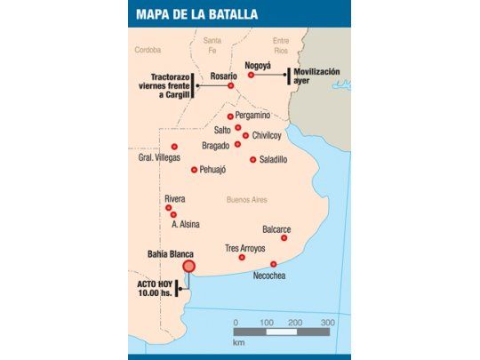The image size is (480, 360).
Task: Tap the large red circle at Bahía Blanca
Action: point(188,265)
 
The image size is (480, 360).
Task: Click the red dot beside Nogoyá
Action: point(252,76)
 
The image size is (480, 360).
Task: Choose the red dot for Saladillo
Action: point(253,160)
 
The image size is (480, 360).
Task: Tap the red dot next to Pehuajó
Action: point(194,169)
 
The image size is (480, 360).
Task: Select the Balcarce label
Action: point(276,228)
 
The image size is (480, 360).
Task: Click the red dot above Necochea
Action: point(273,264)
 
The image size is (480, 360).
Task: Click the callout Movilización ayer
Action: point(324,74)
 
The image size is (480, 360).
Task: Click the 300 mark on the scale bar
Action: point(327,321)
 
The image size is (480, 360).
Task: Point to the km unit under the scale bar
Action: point(238,341)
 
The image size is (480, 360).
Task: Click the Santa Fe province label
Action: point(212,45)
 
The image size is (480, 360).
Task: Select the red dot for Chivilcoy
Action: point(245,136)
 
